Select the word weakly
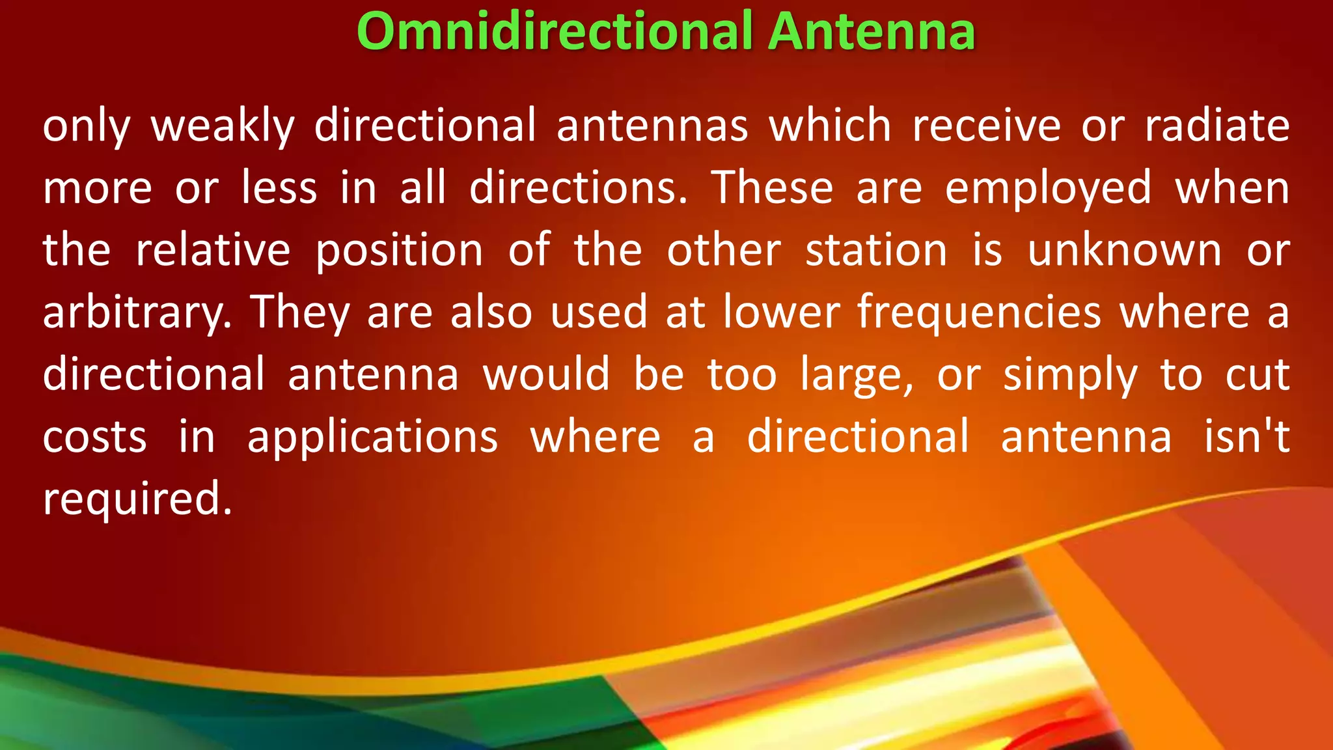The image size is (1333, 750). pyautogui.click(x=223, y=126)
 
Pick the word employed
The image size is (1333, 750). pyautogui.click(x=1048, y=189)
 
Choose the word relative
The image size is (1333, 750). pyautogui.click(x=213, y=250)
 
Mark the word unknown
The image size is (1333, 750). pyautogui.click(x=1124, y=250)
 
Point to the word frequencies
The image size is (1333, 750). pyautogui.click(x=979, y=313)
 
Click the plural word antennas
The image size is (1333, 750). pyautogui.click(x=652, y=126)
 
